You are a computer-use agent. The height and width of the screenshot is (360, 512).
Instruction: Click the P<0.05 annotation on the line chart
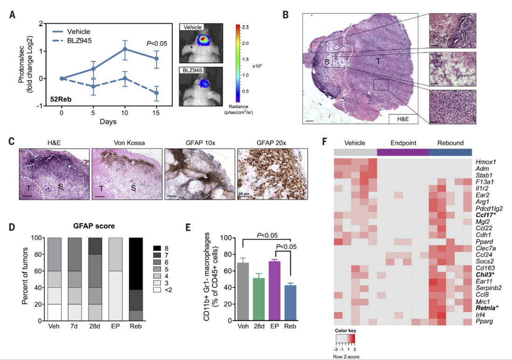pyautogui.click(x=157, y=44)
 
